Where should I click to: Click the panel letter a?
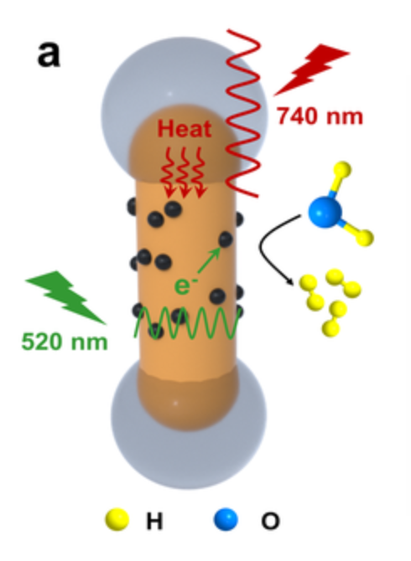point(49,54)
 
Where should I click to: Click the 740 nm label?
point(320,116)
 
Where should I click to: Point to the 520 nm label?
point(65,342)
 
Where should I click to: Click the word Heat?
point(185,129)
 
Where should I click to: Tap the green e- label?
point(185,286)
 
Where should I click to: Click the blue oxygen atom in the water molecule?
point(325,212)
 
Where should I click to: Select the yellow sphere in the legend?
point(117,519)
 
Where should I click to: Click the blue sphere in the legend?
point(226,519)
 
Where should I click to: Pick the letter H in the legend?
point(154,521)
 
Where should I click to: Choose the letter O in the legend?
point(270,521)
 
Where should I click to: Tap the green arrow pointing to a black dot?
point(209,260)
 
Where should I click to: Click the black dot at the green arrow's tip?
point(225,239)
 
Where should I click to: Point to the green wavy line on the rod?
point(186,322)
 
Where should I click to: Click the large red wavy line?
point(243,114)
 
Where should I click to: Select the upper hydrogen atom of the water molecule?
point(342,169)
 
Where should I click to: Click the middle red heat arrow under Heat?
point(185,172)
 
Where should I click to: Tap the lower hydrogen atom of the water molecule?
point(365,238)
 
